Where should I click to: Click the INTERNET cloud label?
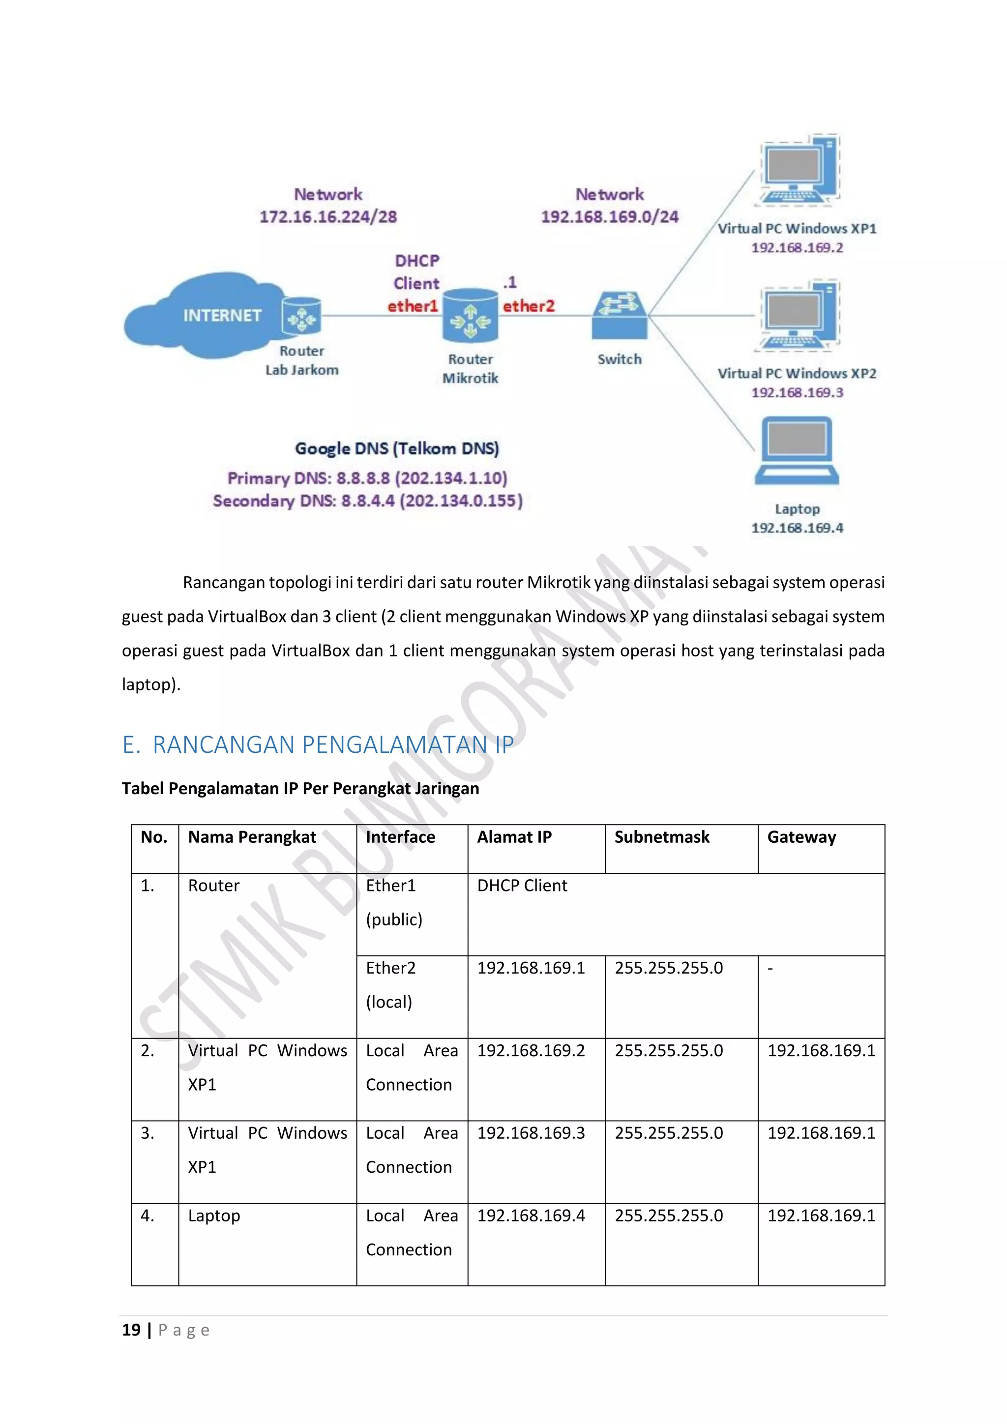coord(221,315)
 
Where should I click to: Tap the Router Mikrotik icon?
coord(470,316)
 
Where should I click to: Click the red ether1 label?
coord(413,306)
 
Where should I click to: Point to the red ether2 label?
coord(528,306)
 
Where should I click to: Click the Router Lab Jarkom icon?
coord(301,316)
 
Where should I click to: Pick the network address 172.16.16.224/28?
coord(328,216)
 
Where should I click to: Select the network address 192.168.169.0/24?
coord(610,216)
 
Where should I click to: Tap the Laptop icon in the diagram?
coord(797,451)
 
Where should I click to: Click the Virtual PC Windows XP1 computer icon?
coord(798,169)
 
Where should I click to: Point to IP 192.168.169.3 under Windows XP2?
coord(798,392)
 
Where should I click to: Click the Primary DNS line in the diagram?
coord(367,478)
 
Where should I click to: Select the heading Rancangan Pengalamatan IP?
coord(318,744)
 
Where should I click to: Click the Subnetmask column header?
coord(662,837)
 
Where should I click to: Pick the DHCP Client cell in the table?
coord(522,886)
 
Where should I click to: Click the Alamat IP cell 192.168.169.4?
coord(531,1216)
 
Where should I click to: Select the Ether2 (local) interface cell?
coord(390,985)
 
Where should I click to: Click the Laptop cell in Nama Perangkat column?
coord(214,1216)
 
